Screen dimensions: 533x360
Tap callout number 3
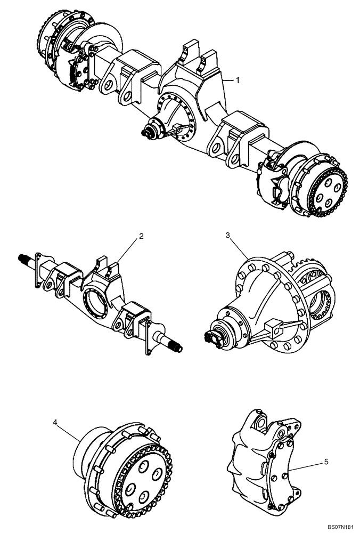pyautogui.click(x=228, y=235)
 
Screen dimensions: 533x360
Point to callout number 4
pyautogui.click(x=55, y=422)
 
